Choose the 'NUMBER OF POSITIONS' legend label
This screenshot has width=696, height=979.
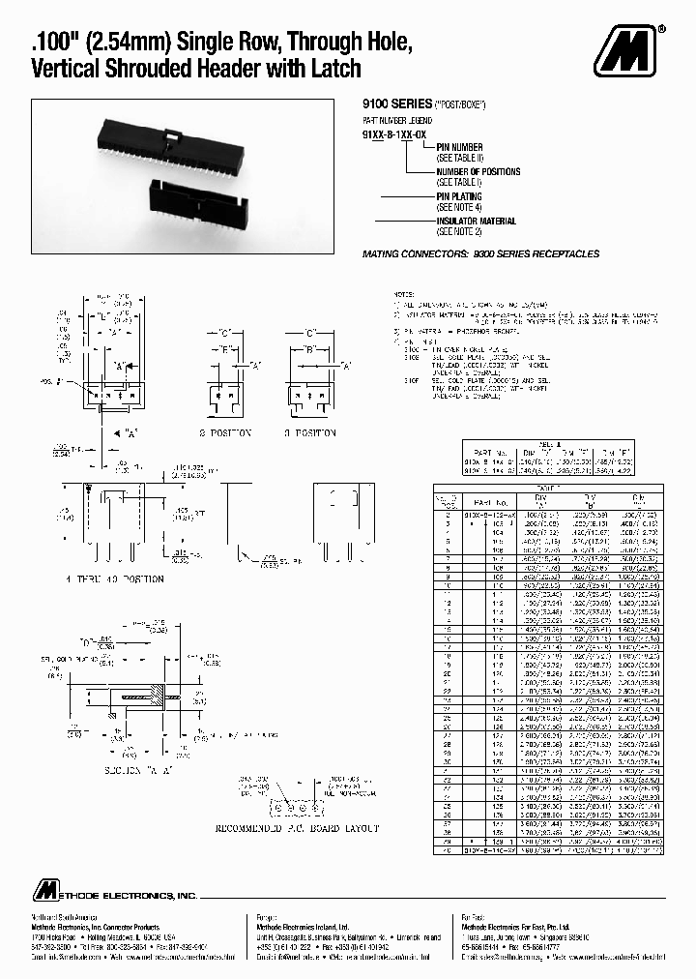[478, 172]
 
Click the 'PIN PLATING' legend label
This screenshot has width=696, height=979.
[462, 196]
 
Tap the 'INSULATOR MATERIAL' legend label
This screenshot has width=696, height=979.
[476, 222]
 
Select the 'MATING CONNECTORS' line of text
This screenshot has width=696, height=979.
[480, 253]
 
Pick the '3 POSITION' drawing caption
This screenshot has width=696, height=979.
[308, 432]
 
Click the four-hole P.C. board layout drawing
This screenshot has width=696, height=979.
[289, 806]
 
